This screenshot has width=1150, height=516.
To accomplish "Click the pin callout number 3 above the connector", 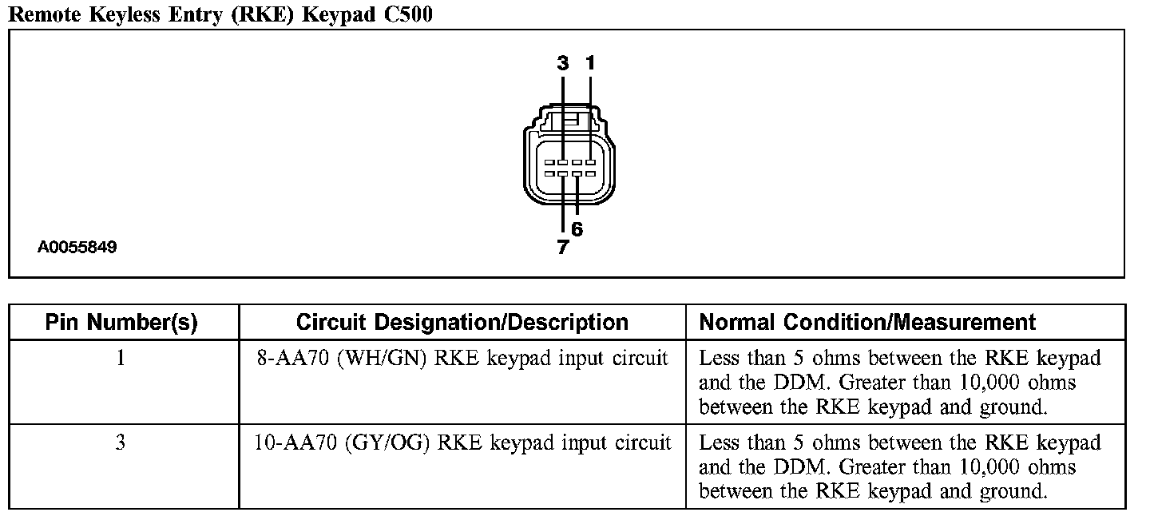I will (x=563, y=63).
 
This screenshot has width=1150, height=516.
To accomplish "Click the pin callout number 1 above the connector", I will (x=590, y=63).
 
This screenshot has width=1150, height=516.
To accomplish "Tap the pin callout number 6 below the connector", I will (x=577, y=230).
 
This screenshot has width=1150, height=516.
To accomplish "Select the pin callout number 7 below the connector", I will (x=563, y=248).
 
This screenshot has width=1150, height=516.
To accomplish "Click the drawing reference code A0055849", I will (x=77, y=248).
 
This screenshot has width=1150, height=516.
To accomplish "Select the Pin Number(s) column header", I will (x=121, y=323).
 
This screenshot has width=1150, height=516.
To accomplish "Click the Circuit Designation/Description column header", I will (x=462, y=323).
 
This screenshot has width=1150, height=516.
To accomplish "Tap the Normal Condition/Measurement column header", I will (x=867, y=323).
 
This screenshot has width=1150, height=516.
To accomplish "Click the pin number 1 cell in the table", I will (x=121, y=358).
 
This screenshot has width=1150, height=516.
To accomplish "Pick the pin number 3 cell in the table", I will (x=121, y=443).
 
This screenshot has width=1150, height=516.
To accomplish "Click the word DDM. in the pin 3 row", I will (x=756, y=467).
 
